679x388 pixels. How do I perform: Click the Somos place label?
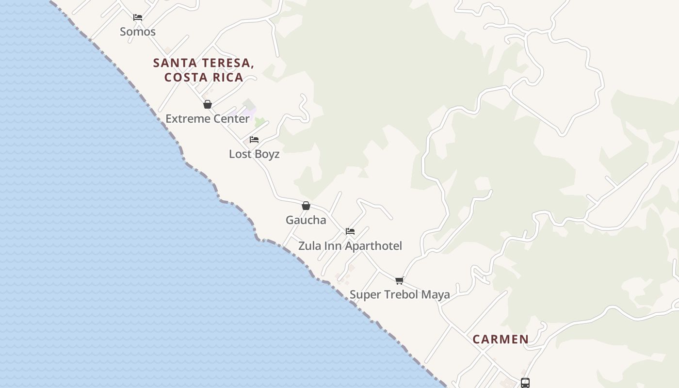pyautogui.click(x=138, y=32)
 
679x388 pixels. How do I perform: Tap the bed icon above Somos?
pyautogui.click(x=138, y=17)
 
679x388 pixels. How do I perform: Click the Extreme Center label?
pyautogui.click(x=208, y=119)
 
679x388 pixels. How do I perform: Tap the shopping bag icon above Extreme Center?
pyautogui.click(x=208, y=104)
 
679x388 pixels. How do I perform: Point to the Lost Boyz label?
pyautogui.click(x=254, y=154)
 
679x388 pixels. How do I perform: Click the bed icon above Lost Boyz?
pyautogui.click(x=254, y=140)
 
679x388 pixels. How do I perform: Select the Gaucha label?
pyautogui.click(x=306, y=220)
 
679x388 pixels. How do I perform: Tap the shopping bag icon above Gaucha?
pyautogui.click(x=306, y=206)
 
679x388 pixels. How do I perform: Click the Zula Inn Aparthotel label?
pyautogui.click(x=350, y=246)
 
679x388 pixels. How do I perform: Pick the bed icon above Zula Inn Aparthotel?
pyautogui.click(x=350, y=231)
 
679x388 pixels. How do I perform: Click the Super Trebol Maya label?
pyautogui.click(x=400, y=294)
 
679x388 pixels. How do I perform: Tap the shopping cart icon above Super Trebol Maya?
pyautogui.click(x=400, y=280)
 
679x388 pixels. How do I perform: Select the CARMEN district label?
pyautogui.click(x=501, y=339)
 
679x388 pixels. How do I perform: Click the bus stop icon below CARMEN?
pyautogui.click(x=525, y=383)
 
